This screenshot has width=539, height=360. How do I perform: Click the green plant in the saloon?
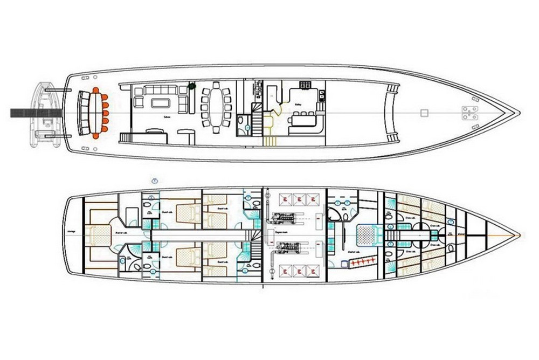[x=191, y=85]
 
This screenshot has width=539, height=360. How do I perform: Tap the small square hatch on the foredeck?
[x=424, y=113]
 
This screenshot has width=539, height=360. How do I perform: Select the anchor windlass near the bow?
[x=468, y=113]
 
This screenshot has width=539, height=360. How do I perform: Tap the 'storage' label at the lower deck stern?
[x=70, y=233]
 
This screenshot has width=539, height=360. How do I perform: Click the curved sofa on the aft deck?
[x=84, y=112]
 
